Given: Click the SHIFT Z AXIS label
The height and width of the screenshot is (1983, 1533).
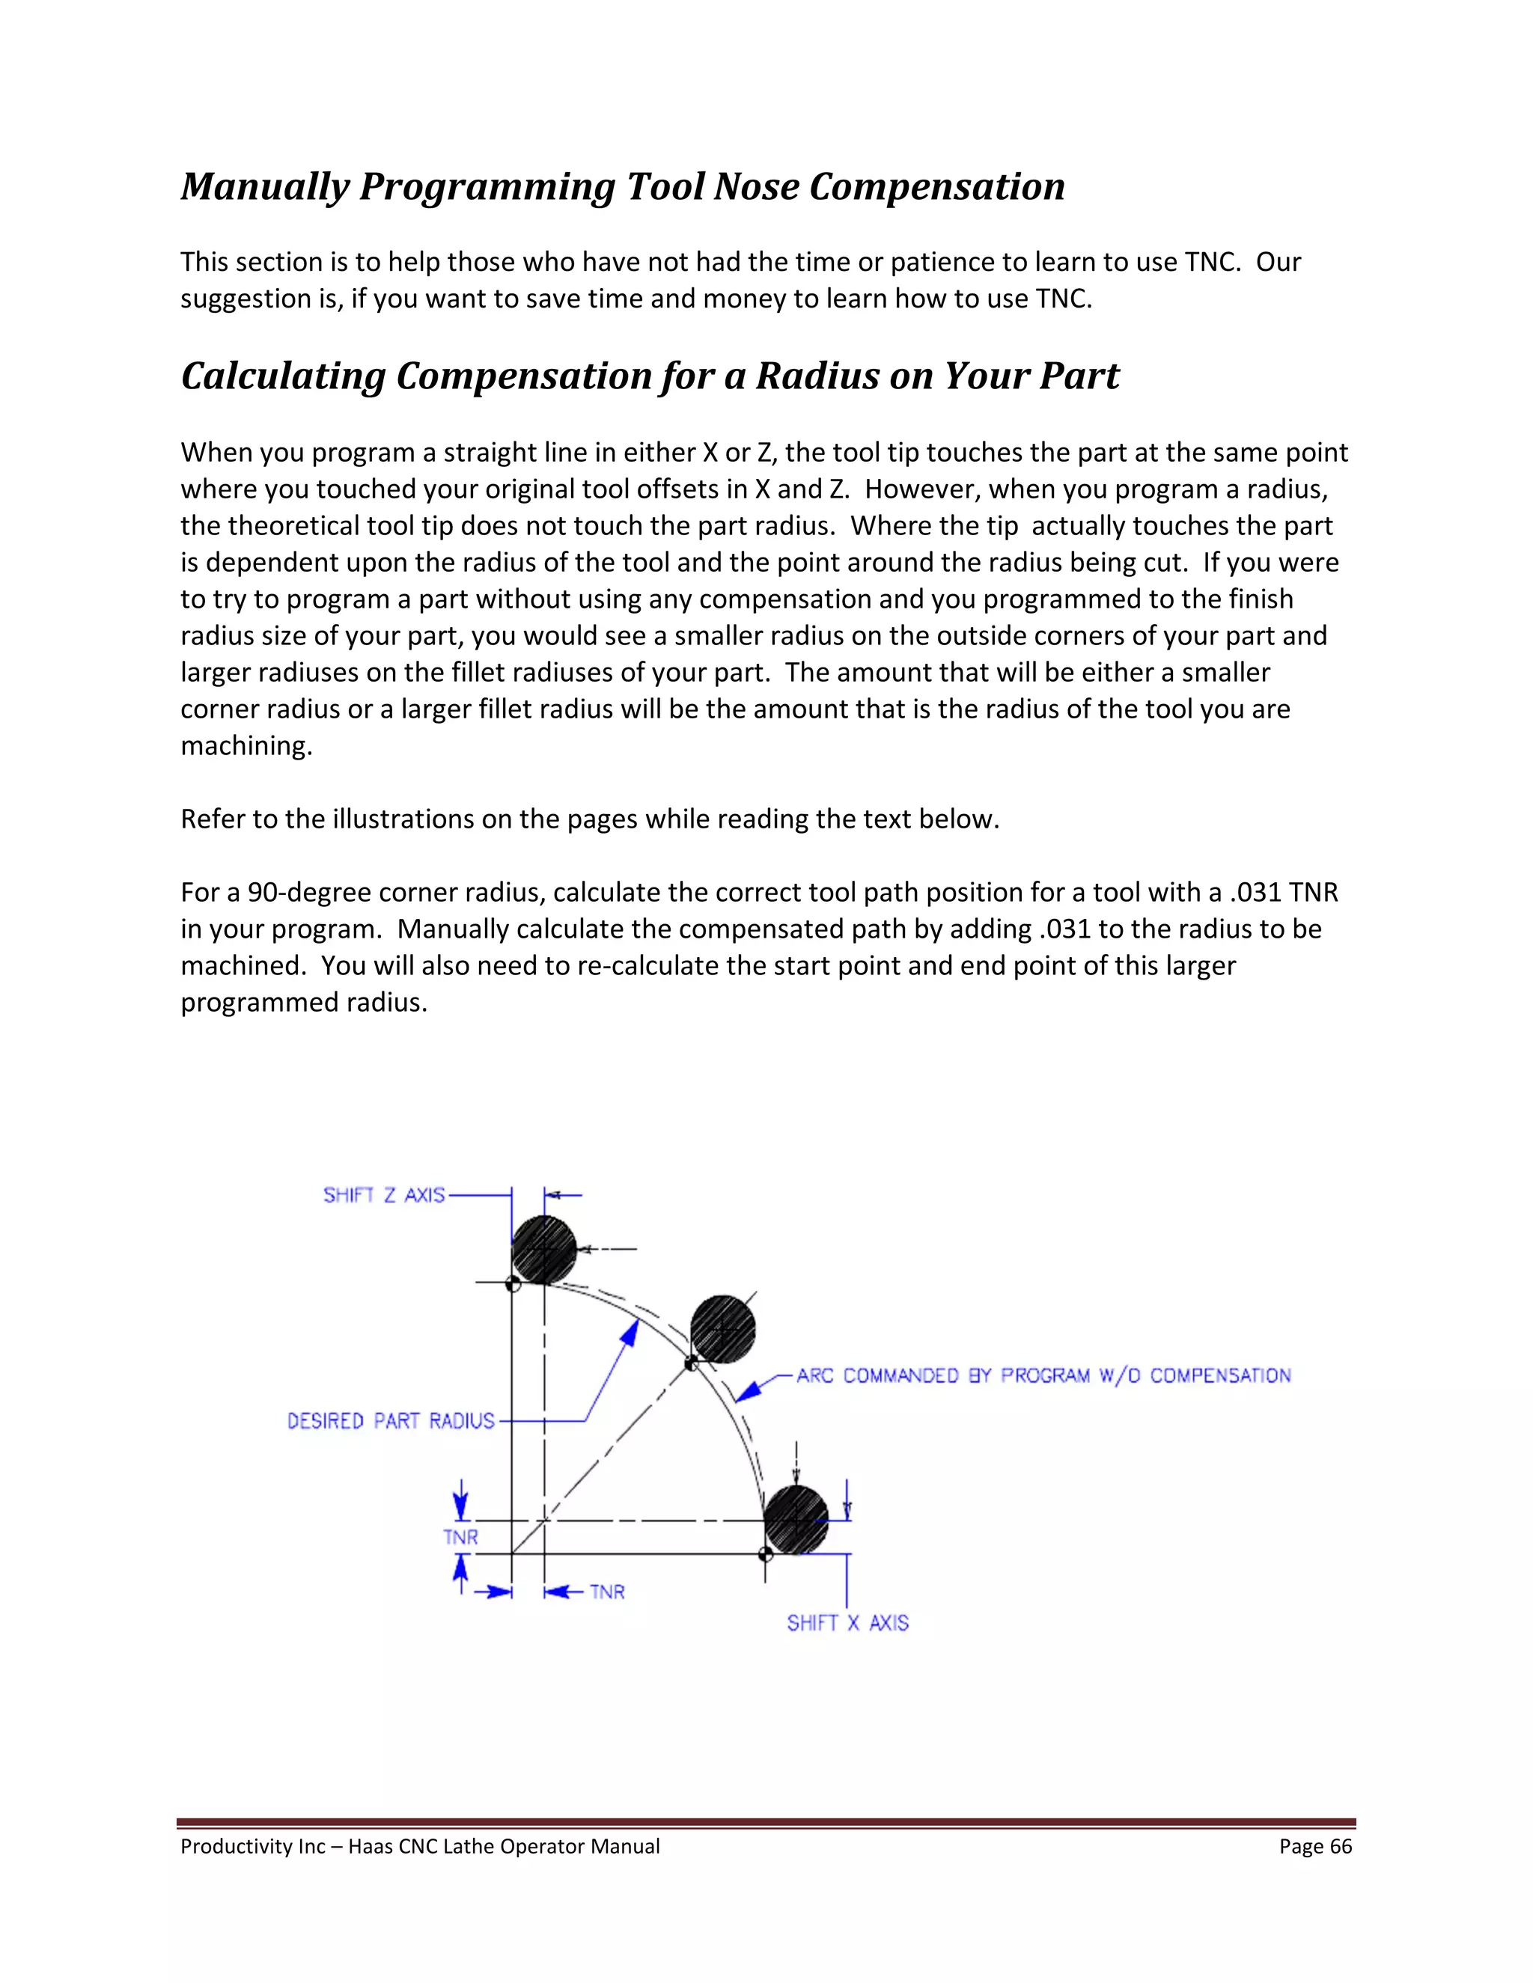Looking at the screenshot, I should tap(384, 1195).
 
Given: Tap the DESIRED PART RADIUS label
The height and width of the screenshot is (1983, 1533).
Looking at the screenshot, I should tap(391, 1420).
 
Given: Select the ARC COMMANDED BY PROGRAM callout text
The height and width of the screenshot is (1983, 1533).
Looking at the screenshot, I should tap(1043, 1375).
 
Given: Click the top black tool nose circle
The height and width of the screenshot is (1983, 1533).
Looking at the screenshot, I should tap(544, 1250).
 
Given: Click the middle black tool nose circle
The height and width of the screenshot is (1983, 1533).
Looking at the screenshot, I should tap(723, 1329).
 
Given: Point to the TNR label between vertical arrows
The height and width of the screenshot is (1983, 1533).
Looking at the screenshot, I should tap(460, 1537).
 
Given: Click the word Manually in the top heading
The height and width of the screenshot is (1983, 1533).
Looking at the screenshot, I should tap(264, 187).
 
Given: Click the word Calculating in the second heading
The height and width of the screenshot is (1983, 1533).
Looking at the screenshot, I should tap(284, 376).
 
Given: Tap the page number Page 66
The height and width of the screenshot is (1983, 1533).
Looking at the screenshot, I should tap(1315, 1846).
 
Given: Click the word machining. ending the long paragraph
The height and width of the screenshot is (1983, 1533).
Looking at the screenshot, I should tap(246, 745).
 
